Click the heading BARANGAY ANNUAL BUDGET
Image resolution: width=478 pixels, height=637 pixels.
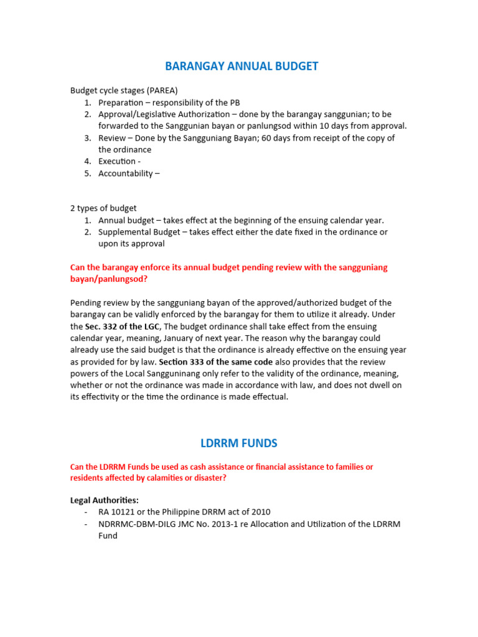click(x=241, y=66)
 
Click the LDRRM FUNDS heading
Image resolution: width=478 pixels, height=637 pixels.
click(x=239, y=444)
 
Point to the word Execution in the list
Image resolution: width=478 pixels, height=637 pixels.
click(x=116, y=161)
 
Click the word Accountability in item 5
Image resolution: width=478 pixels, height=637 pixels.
click(x=125, y=174)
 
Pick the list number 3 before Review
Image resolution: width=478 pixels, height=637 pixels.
click(x=88, y=138)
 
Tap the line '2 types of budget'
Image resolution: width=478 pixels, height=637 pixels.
click(x=103, y=208)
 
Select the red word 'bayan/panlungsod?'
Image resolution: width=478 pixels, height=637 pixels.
click(x=109, y=279)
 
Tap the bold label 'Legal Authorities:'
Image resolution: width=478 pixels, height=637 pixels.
click(x=105, y=500)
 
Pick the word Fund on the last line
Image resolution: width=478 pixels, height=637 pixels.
click(x=108, y=536)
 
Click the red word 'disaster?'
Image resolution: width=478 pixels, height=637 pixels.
click(x=209, y=478)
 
